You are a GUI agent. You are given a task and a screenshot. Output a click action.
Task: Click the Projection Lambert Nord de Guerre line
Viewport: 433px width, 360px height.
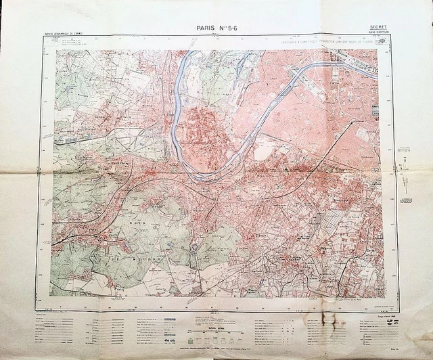pos(325,39)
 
